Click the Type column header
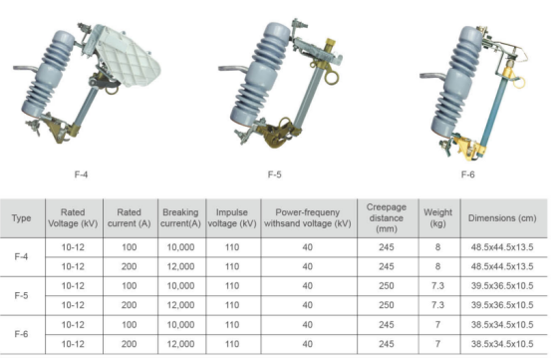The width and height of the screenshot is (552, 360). coord(21,218)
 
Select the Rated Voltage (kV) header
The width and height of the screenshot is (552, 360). coord(73,217)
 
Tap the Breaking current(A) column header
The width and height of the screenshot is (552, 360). coord(180,217)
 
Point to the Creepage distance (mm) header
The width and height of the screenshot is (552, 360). coord(387,217)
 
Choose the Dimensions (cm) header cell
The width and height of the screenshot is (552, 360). coord(502,218)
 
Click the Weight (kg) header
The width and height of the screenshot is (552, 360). coord(438,217)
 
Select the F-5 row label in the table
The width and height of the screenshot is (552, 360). coord(21,295)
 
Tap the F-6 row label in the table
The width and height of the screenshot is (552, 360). coord(21,334)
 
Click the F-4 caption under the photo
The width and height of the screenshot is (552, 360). coord(81,175)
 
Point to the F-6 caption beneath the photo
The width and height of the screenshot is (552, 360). coord(468,175)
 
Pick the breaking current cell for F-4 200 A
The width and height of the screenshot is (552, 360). coord(180,266)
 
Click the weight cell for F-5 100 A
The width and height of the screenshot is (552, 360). coord(438,285)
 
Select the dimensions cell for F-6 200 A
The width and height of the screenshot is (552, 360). coord(502,344)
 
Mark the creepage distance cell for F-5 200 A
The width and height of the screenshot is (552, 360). coord(387,305)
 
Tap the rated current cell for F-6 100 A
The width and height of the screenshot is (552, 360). coord(130,324)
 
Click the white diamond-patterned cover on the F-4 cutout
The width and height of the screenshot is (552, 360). coord(126,57)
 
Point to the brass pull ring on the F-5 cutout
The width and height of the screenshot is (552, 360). coord(331,78)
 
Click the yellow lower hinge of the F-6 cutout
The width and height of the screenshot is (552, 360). coord(467,148)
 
